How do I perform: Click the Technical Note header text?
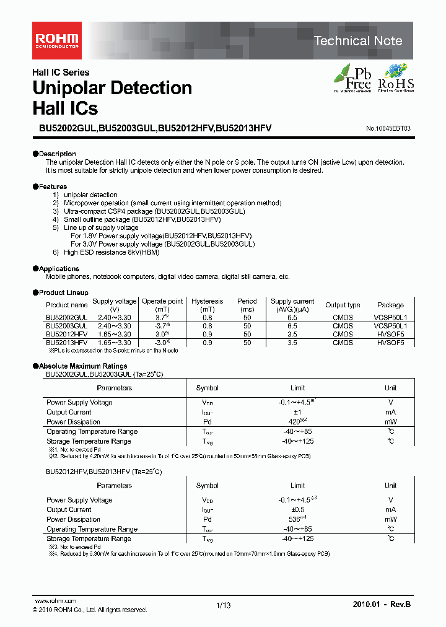coord(358,41)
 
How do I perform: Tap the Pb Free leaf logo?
coord(353,78)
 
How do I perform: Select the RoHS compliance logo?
coord(396,78)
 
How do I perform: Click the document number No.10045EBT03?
coord(388,128)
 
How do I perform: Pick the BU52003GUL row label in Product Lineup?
coord(66,325)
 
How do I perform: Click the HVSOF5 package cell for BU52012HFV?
coord(390,333)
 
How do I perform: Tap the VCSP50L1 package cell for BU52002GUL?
coord(390,317)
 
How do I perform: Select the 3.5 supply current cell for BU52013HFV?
coord(292,341)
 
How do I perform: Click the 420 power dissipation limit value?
coord(295,422)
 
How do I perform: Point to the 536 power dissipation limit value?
coord(295,519)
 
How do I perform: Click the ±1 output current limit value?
coord(298,412)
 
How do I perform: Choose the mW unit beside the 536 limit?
coord(390,519)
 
